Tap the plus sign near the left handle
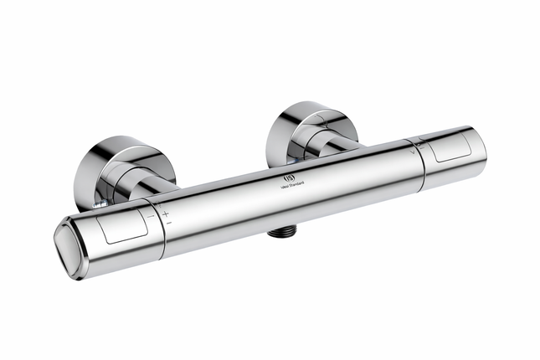165,213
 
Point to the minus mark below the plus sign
167,223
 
